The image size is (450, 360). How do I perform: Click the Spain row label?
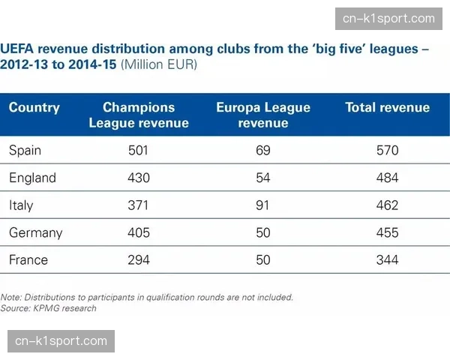[25, 151]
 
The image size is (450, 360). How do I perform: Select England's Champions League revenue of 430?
[139, 178]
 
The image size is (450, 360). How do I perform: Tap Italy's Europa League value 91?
[263, 205]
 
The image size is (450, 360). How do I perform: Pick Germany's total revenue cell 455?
[388, 232]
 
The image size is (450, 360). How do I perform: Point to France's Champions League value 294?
[139, 260]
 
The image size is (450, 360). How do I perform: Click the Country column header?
[34, 108]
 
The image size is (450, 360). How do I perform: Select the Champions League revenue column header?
[139, 115]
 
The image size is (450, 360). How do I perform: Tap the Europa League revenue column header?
[263, 115]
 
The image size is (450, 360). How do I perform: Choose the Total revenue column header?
[388, 108]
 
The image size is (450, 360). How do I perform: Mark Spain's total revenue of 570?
[388, 151]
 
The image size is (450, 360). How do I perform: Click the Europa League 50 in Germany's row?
[263, 232]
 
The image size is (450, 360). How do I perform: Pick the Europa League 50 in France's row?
[263, 260]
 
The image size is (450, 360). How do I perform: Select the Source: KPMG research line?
[49, 308]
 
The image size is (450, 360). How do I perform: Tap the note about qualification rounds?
[147, 297]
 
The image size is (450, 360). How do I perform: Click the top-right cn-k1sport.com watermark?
[388, 18]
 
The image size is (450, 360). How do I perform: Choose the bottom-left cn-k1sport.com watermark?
[61, 341]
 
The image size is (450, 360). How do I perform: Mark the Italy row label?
[21, 205]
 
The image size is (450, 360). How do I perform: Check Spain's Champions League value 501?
[139, 151]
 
